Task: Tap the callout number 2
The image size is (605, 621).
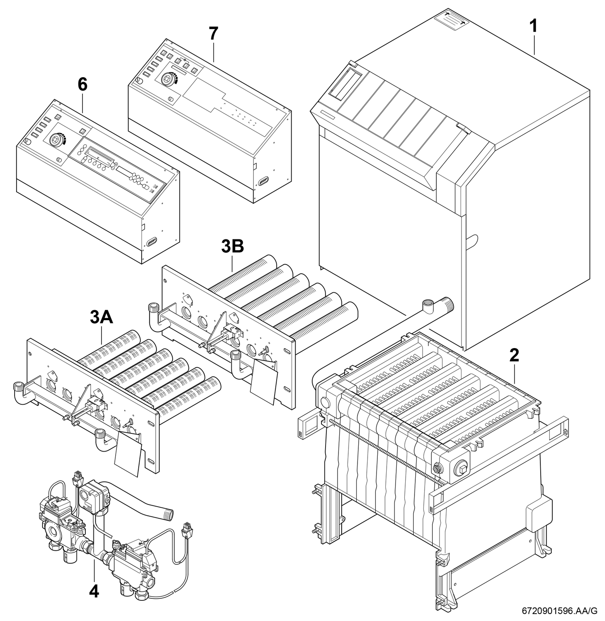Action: (x=514, y=355)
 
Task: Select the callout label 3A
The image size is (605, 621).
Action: (x=102, y=318)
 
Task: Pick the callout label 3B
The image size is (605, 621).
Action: (x=233, y=247)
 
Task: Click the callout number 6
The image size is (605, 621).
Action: (x=82, y=84)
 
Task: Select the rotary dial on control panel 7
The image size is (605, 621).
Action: (x=166, y=79)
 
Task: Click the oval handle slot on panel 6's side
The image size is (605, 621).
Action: (x=152, y=241)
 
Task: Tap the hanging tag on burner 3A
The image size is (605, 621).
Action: (x=129, y=453)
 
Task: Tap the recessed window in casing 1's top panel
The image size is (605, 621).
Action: (x=345, y=84)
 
